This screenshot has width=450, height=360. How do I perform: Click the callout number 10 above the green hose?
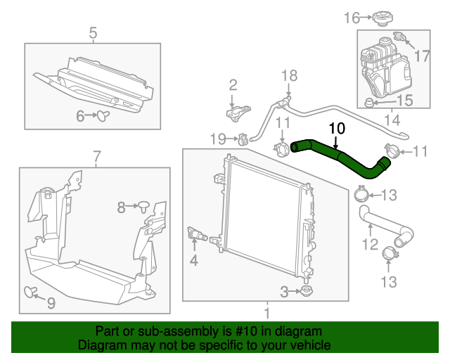[337, 128]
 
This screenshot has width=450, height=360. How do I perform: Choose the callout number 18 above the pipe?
[290, 75]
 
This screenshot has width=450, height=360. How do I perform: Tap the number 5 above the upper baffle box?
[93, 32]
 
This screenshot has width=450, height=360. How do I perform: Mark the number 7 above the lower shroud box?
[96, 155]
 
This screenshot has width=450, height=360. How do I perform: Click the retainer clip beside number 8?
[144, 206]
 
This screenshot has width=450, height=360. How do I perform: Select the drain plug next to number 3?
[305, 290]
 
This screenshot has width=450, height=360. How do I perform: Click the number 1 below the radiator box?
[266, 311]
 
